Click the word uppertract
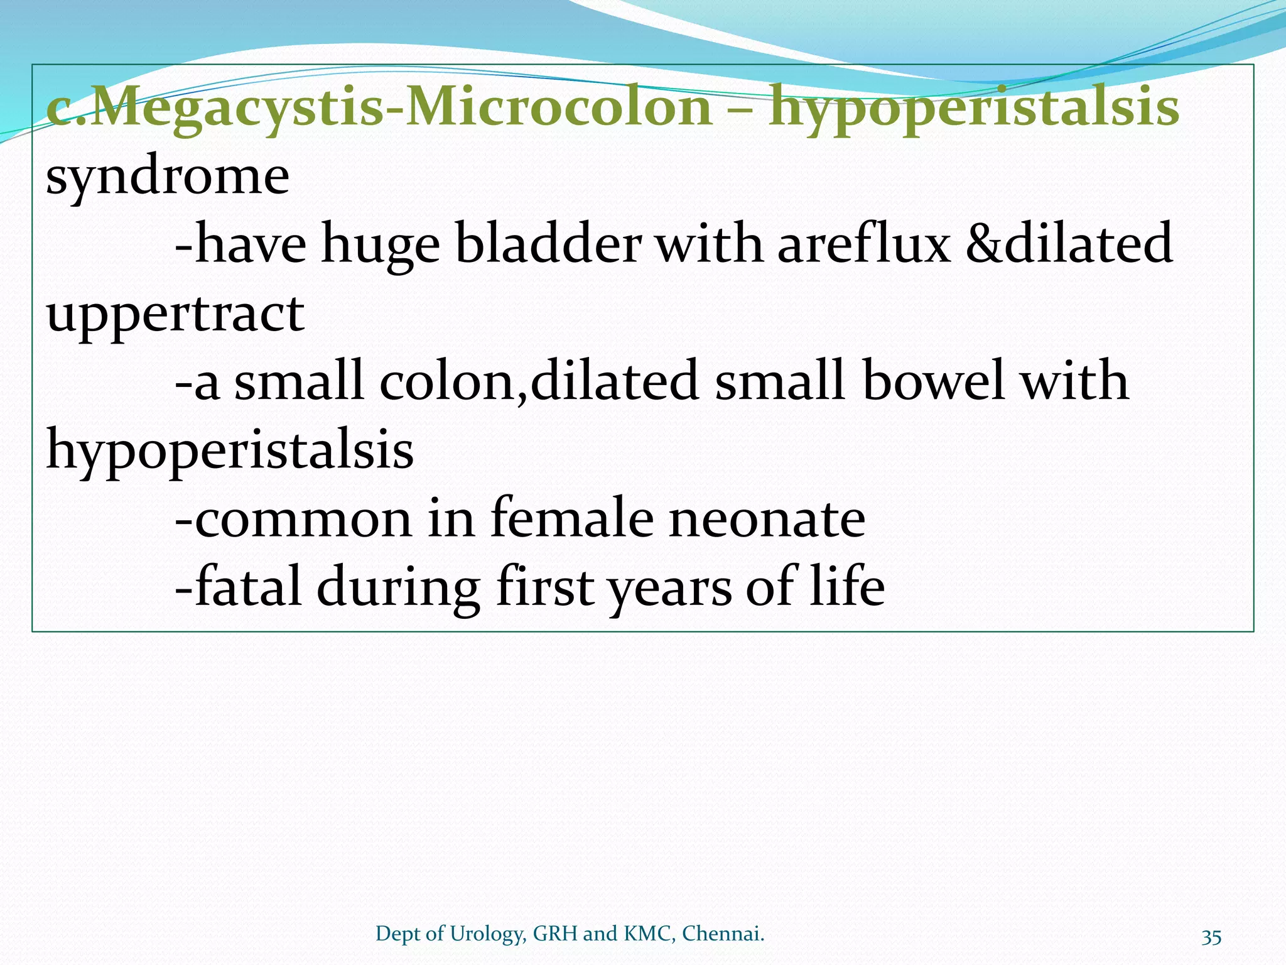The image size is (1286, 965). [x=175, y=314]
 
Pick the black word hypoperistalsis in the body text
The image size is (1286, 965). [x=230, y=450]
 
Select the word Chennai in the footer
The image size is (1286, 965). [x=723, y=934]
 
